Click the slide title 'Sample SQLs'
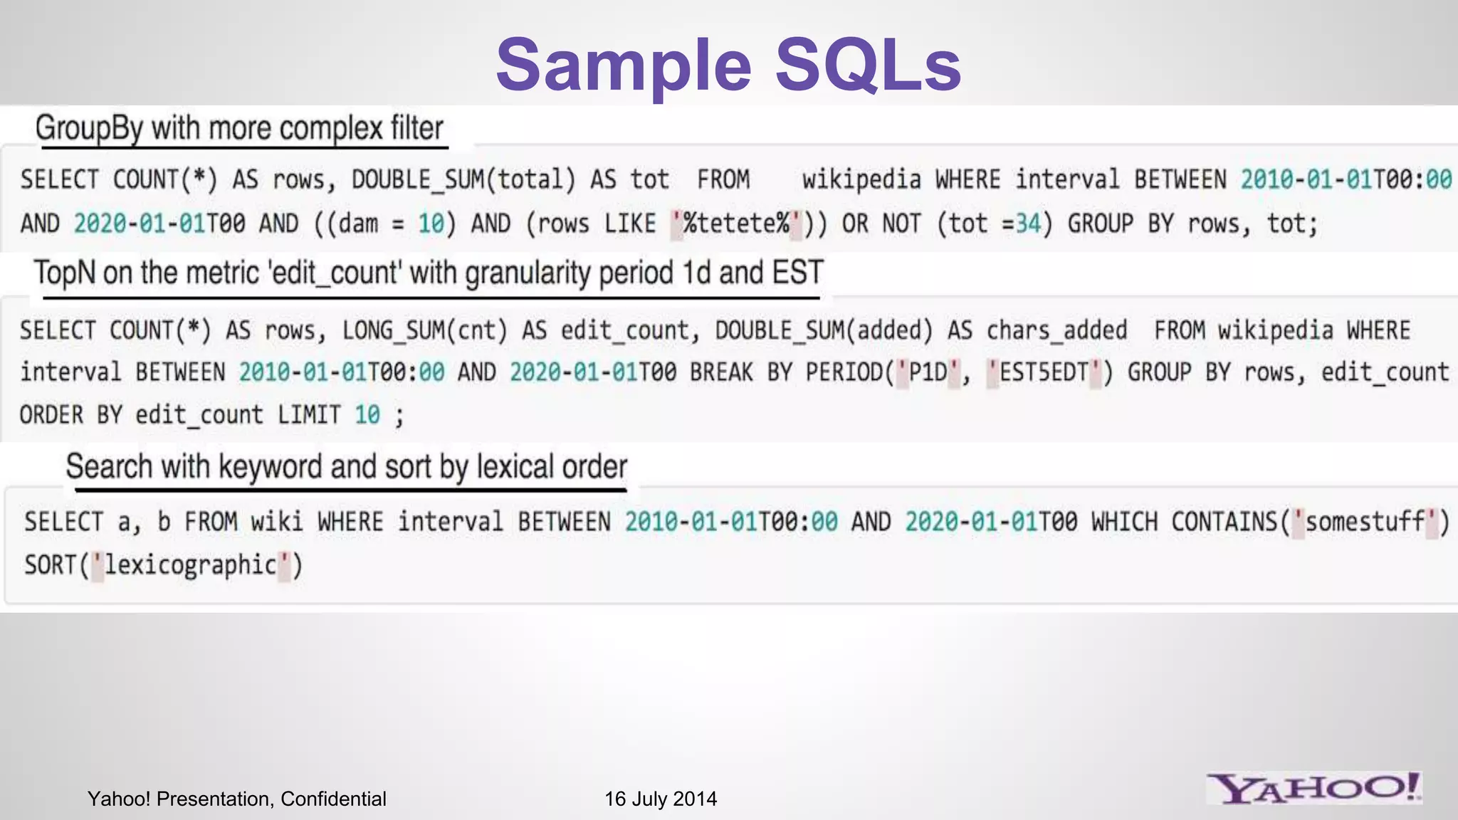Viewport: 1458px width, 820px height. pyautogui.click(x=728, y=65)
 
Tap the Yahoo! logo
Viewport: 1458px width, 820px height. pyautogui.click(x=1314, y=789)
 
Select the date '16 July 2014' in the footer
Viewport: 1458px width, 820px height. pyautogui.click(x=661, y=799)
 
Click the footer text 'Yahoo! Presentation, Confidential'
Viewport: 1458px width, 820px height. pyautogui.click(x=236, y=799)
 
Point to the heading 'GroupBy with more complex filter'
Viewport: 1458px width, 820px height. pyautogui.click(x=239, y=128)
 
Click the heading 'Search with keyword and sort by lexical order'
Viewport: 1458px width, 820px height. pyautogui.click(x=347, y=467)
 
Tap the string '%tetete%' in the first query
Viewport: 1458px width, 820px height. pyautogui.click(x=736, y=224)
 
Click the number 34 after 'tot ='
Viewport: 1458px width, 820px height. pyautogui.click(x=1028, y=224)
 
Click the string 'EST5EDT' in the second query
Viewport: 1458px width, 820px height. pyautogui.click(x=1044, y=372)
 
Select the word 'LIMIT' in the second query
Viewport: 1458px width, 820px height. pyautogui.click(x=309, y=414)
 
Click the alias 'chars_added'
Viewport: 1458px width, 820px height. pyautogui.click(x=1056, y=330)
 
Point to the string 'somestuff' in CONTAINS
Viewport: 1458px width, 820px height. pyautogui.click(x=1365, y=522)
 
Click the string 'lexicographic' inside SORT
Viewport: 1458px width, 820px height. pyautogui.click(x=190, y=565)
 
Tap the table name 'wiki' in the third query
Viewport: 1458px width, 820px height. pyautogui.click(x=277, y=522)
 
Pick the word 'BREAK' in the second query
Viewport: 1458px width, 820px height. pyautogui.click(x=721, y=372)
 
